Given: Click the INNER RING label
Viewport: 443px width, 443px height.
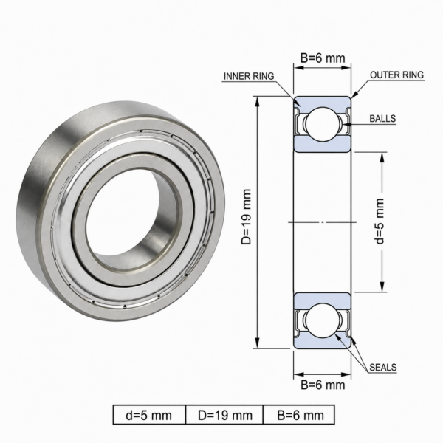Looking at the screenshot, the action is click(249, 76).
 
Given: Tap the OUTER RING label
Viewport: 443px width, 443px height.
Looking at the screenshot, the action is click(396, 75).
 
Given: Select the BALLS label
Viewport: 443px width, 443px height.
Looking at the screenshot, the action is click(382, 118).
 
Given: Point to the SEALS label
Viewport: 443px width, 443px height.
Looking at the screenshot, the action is click(382, 367).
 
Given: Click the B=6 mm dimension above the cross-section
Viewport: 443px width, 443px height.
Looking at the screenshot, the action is click(323, 58).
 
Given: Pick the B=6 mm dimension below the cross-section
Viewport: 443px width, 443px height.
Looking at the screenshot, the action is click(323, 385).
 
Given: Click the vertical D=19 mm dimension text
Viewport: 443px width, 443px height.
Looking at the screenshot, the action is click(246, 217).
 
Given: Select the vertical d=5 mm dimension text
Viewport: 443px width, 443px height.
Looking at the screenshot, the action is click(380, 221).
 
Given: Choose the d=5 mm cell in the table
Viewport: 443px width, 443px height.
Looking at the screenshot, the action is click(149, 415).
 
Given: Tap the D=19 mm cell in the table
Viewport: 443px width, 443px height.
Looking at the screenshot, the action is click(225, 415).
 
